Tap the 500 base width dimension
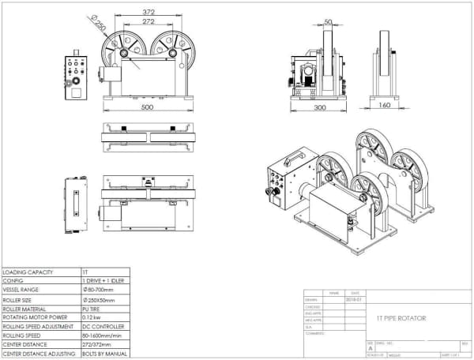click(x=148, y=106)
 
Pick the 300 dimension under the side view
click(x=319, y=107)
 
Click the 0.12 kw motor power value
click(x=94, y=317)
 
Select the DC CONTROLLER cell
click(x=103, y=327)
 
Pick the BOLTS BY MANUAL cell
click(x=105, y=354)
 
